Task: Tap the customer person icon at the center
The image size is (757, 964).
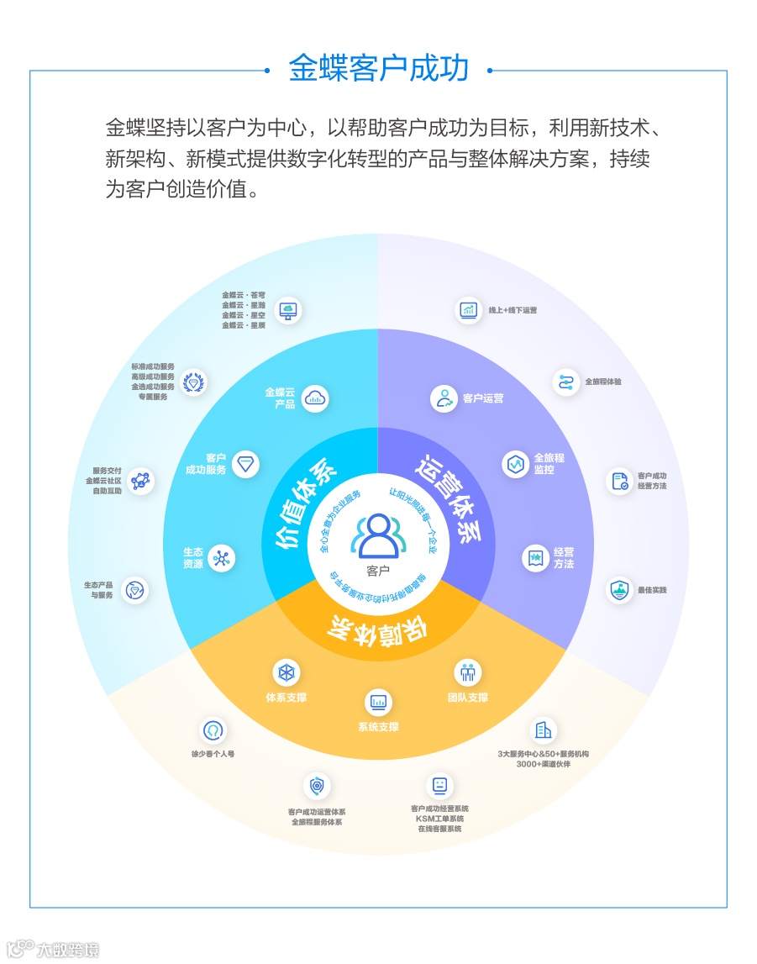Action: click(x=378, y=536)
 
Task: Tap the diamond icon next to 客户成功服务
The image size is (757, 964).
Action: click(x=245, y=464)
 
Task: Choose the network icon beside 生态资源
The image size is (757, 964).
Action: click(x=221, y=559)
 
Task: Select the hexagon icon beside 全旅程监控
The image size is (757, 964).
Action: click(x=515, y=464)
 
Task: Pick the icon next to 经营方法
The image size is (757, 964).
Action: click(x=535, y=559)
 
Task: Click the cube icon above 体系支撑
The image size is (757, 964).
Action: click(x=287, y=672)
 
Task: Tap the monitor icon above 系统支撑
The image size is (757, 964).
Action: click(x=378, y=702)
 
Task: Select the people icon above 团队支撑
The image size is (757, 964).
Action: click(x=468, y=672)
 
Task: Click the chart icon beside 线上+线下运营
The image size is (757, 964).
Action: click(x=469, y=310)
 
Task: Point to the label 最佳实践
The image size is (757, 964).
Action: click(x=652, y=590)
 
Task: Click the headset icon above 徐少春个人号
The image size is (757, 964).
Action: click(x=213, y=731)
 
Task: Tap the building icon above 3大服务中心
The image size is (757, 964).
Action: click(x=544, y=731)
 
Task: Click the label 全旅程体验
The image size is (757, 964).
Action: click(x=603, y=382)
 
